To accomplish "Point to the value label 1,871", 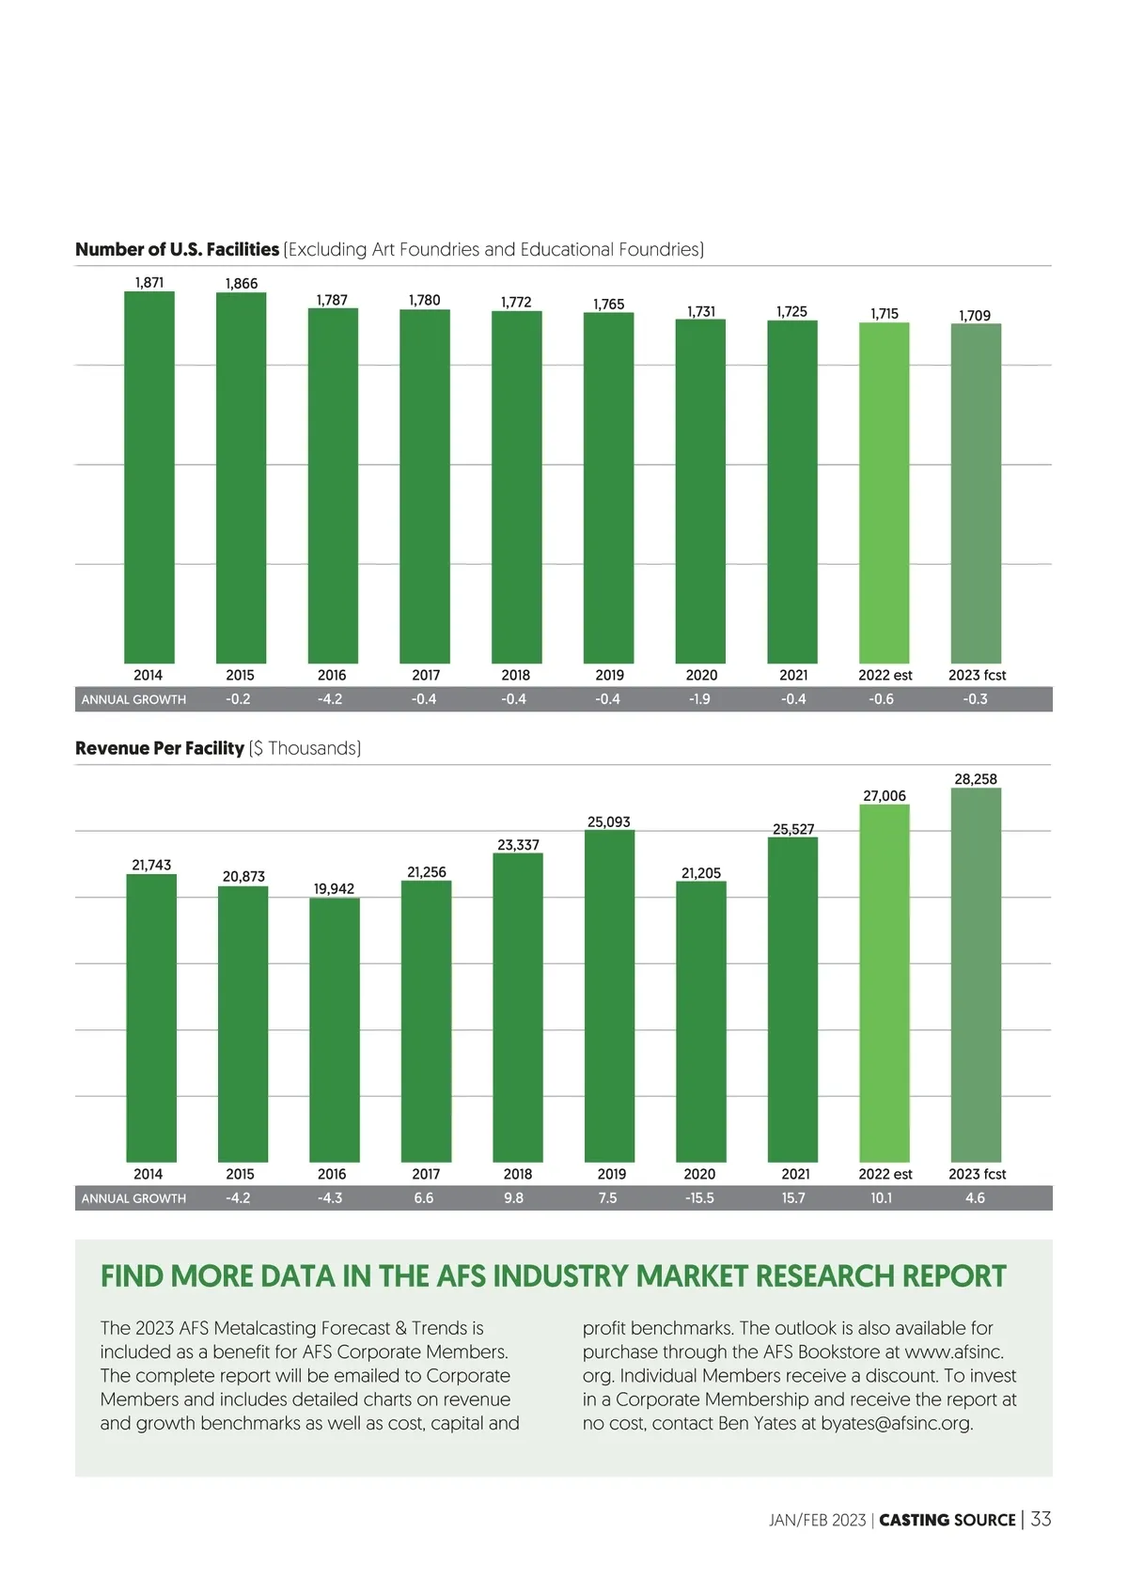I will pos(149,282).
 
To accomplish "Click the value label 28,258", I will pos(976,779).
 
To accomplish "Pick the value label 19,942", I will pos(334,889).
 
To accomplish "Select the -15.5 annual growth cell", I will pos(699,1198).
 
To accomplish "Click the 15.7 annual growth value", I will pos(793,1198).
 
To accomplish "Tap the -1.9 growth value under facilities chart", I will pos(699,699).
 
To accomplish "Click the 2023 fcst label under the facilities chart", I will pos(977,675).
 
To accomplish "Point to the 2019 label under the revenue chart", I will pos(611,1174).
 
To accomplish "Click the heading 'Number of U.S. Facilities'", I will pos(178,250).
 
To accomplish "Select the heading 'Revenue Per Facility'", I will pos(160,748).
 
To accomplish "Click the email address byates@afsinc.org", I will pos(896,1423).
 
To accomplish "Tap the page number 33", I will pos(1041,1519).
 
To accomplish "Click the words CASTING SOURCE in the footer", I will pos(948,1520).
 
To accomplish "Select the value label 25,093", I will pos(609,822).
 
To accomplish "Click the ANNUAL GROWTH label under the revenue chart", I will pos(133,1198).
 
